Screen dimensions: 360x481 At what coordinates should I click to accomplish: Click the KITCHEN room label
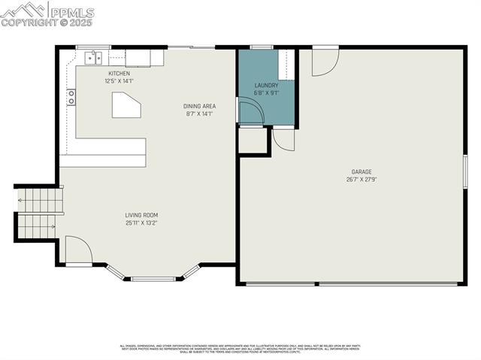coord(119,73)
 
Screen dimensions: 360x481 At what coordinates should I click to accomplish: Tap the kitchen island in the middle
coord(126,105)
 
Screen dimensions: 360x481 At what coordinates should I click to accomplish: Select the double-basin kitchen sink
coord(93,56)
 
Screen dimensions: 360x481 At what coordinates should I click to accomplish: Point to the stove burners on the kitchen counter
coord(71,96)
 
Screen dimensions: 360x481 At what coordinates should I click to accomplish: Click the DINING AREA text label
coord(199,106)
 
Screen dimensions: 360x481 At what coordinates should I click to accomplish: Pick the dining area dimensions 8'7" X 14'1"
coord(199,113)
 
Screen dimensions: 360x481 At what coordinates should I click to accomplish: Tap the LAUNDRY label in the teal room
coord(266,86)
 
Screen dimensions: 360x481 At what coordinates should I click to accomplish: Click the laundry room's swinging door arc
coord(251,111)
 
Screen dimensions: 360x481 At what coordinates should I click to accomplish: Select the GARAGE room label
coord(362,171)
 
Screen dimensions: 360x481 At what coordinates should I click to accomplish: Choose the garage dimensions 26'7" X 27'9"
coord(362,179)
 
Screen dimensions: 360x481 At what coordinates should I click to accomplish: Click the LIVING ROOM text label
coord(141,215)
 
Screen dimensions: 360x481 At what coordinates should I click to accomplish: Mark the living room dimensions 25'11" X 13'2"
coord(141,222)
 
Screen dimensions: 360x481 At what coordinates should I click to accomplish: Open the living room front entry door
coord(77,250)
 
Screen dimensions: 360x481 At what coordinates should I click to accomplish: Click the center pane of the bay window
coord(153,279)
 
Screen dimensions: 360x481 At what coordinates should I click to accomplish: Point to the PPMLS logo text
coord(71,12)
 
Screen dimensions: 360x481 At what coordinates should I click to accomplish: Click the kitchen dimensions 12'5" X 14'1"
coord(119,80)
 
